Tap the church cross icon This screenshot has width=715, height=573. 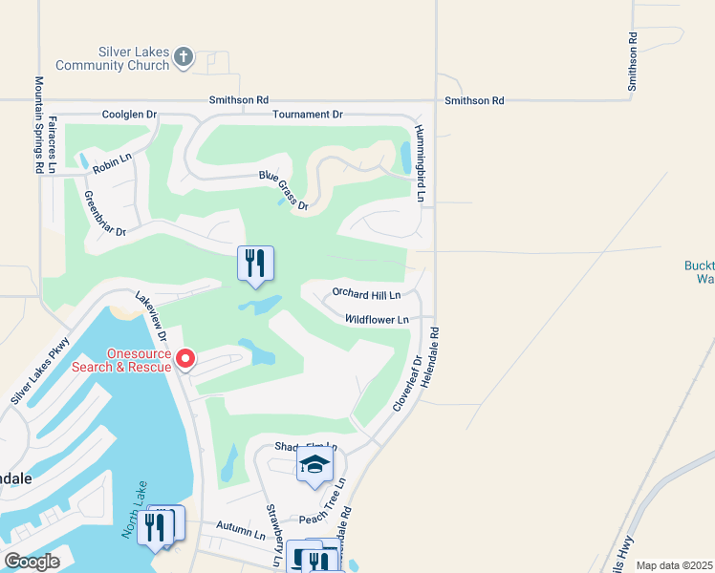tap(184, 58)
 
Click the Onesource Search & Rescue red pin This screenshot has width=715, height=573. tap(185, 360)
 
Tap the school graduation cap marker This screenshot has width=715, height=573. tap(314, 466)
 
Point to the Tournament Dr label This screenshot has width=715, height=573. tap(307, 115)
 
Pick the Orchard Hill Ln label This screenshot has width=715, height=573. tap(365, 293)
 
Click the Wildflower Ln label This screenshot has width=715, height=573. tap(377, 319)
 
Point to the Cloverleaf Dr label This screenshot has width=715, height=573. tap(406, 380)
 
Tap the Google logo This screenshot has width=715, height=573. tap(32, 562)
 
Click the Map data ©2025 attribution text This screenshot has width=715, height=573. tap(673, 565)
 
